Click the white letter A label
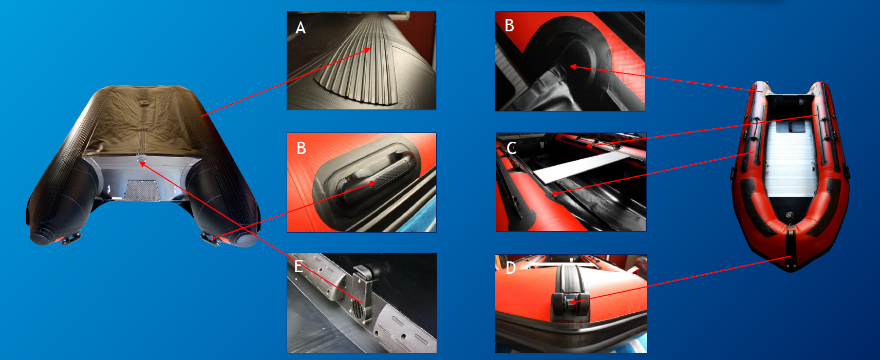pos(301,28)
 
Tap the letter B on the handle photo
pos(302,148)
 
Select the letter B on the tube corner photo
pos(509,26)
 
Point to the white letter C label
pos(512,148)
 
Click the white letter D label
pos(511,268)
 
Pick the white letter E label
pos(298,267)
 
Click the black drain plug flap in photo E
pos(362,293)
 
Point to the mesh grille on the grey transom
pos(142,191)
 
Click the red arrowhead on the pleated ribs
pos(367,50)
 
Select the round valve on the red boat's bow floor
pos(789,215)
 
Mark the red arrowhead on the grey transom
pos(142,164)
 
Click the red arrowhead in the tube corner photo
pos(573,67)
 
